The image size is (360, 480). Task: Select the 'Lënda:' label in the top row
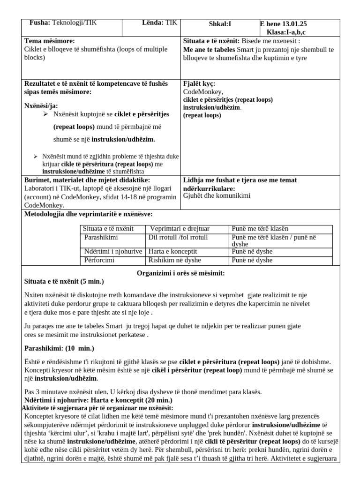(152, 23)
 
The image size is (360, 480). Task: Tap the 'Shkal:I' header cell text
(220, 24)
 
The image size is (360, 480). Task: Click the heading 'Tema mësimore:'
(49, 41)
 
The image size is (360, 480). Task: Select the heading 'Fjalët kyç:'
(199, 84)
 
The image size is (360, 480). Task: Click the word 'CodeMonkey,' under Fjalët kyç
(203, 92)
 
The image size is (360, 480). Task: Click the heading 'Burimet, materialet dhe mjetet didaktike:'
(87, 180)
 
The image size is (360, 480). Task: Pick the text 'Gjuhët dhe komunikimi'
(217, 195)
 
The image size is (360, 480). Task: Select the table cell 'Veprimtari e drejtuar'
(180, 229)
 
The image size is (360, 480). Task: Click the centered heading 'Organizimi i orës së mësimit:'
(180, 273)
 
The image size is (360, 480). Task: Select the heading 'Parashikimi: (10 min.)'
(59, 348)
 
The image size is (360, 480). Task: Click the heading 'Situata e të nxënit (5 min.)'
(64, 281)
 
